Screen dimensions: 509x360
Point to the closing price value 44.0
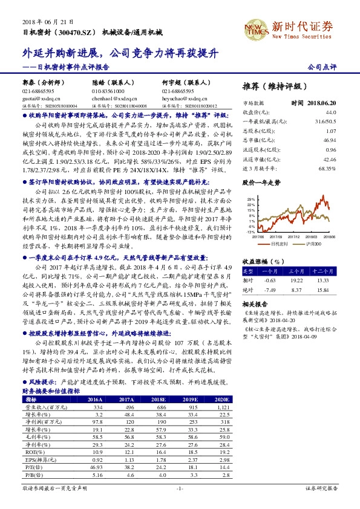tap(331, 112)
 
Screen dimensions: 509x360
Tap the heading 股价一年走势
tap(261, 181)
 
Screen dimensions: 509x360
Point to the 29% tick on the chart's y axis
tap(250, 198)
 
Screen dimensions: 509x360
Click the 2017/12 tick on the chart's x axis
tap(296, 237)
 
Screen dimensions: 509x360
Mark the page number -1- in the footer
tap(180, 487)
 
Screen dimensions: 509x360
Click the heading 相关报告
tap(254, 303)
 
